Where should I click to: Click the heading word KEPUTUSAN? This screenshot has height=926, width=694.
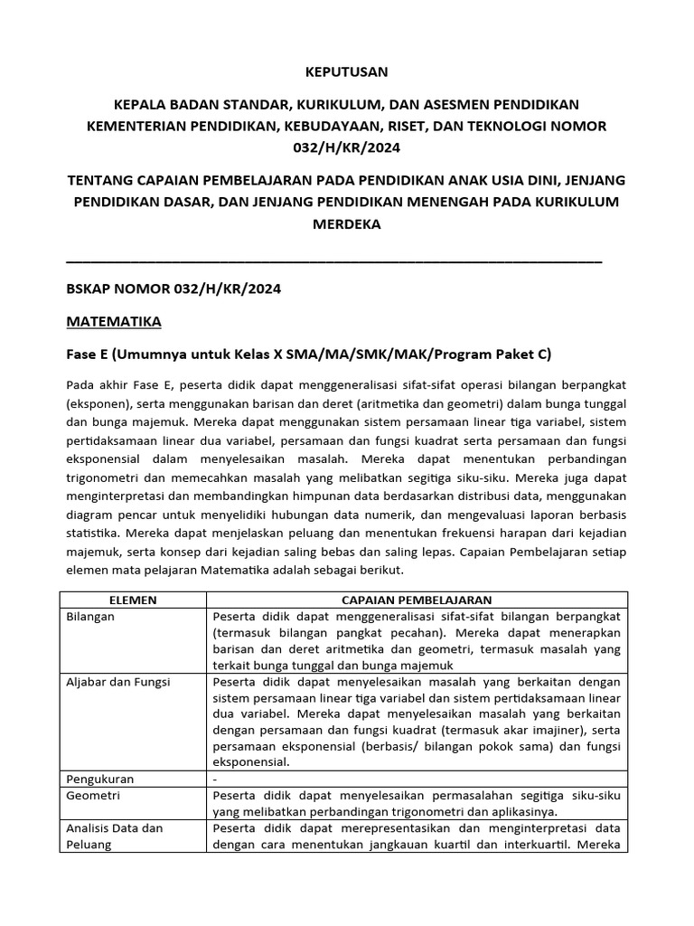347,71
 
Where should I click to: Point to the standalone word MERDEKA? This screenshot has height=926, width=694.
347,223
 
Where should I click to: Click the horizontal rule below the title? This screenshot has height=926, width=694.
334,262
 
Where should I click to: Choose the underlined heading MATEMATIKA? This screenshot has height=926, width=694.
114,321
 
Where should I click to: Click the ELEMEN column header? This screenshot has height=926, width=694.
133,600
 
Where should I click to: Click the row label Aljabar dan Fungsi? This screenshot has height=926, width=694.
118,681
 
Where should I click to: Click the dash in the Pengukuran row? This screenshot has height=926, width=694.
215,778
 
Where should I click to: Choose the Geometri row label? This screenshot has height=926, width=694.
94,795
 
